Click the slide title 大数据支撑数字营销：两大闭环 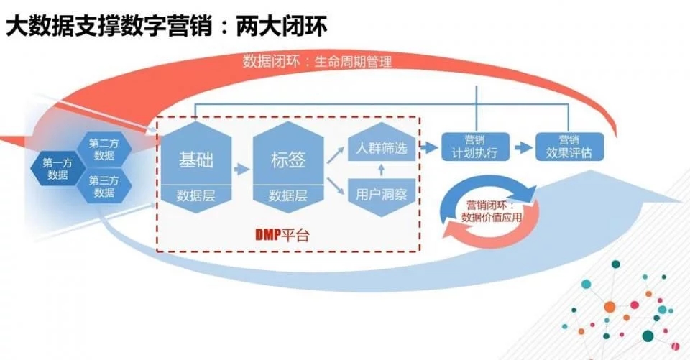[x=166, y=27]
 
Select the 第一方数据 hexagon [x=57, y=168]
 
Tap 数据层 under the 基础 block [x=195, y=195]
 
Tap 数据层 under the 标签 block [x=288, y=195]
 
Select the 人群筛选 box [x=382, y=150]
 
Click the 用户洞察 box [x=382, y=193]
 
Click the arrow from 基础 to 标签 [x=242, y=170]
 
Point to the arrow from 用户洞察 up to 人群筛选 [x=382, y=171]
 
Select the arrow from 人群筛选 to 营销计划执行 [x=429, y=149]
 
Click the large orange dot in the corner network [x=609, y=307]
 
